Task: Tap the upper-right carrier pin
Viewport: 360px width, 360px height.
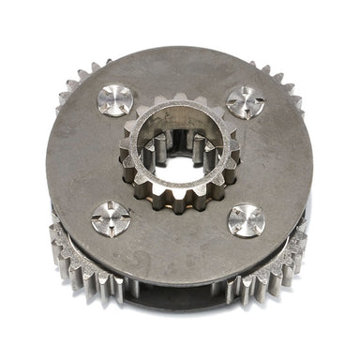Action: pyautogui.click(x=246, y=102)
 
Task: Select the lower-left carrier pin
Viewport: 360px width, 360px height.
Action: pyautogui.click(x=110, y=219)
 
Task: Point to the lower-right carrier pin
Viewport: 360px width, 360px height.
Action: pyautogui.click(x=246, y=221)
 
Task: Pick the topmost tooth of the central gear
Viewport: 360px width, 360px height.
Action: pyautogui.click(x=179, y=97)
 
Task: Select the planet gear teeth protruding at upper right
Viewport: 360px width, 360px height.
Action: pyautogui.click(x=281, y=82)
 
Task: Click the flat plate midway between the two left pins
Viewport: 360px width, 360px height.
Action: pyautogui.click(x=89, y=159)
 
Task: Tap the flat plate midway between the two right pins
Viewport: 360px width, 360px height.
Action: pyautogui.click(x=272, y=161)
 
